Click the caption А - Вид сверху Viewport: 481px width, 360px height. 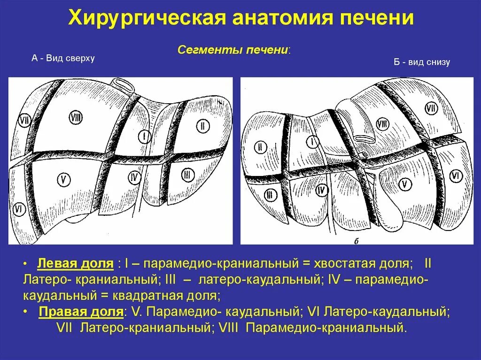pos(63,58)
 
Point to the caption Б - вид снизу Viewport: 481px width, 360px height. pos(422,62)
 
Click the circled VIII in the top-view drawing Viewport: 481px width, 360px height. pos(76,117)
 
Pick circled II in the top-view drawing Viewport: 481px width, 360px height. pos(202,126)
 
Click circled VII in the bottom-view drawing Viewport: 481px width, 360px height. pos(431,109)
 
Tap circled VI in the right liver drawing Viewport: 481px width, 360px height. pos(455,176)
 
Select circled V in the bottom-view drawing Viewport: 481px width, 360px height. pos(404,184)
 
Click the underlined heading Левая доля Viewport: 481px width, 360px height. pos(76,263)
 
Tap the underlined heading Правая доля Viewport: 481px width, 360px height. pos(82,312)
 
